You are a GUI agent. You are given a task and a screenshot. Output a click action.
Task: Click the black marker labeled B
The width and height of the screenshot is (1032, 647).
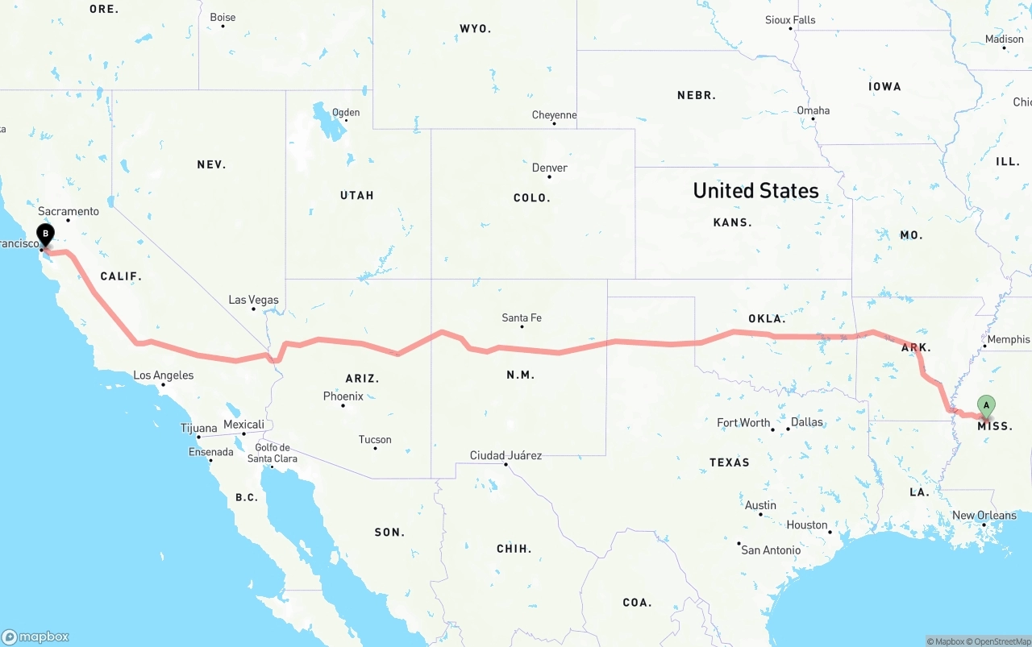tap(46, 235)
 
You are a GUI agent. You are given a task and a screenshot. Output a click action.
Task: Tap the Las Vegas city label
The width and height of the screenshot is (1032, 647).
tap(253, 300)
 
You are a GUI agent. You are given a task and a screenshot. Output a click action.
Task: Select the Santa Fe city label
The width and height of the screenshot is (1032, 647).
tap(522, 318)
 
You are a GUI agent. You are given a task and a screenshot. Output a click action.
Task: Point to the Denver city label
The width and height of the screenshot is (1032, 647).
tap(550, 168)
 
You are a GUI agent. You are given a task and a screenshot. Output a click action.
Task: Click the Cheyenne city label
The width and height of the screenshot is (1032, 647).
tap(555, 115)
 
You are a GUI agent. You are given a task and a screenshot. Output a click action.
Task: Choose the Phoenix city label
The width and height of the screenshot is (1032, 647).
tap(343, 396)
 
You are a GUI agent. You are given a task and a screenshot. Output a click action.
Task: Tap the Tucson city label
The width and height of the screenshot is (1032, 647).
tap(375, 440)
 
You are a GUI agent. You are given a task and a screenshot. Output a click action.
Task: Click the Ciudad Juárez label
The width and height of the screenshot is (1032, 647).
tap(506, 456)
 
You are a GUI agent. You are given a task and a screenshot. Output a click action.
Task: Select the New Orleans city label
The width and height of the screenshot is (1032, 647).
tap(984, 516)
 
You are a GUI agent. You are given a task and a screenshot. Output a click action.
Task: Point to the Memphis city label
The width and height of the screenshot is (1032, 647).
tap(1008, 340)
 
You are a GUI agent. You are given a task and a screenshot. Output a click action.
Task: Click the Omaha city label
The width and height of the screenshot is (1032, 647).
tap(813, 110)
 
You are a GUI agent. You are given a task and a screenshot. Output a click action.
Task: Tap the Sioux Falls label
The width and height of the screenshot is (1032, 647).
tap(790, 20)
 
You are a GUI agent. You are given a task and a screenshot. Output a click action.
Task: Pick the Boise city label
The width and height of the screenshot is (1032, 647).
tap(223, 17)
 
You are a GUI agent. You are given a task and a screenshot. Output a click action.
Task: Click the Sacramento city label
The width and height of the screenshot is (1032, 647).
tap(69, 212)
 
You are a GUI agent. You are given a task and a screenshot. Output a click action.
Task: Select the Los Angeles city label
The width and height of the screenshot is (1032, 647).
tap(164, 375)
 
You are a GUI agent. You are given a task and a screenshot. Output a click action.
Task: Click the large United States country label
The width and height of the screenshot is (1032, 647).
tap(755, 191)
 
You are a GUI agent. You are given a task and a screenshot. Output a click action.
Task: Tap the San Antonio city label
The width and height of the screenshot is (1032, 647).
tap(771, 550)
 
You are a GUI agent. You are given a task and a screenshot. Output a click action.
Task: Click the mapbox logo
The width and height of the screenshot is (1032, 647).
tap(35, 637)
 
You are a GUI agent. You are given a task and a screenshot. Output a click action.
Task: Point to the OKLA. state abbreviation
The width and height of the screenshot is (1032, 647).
tap(767, 319)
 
